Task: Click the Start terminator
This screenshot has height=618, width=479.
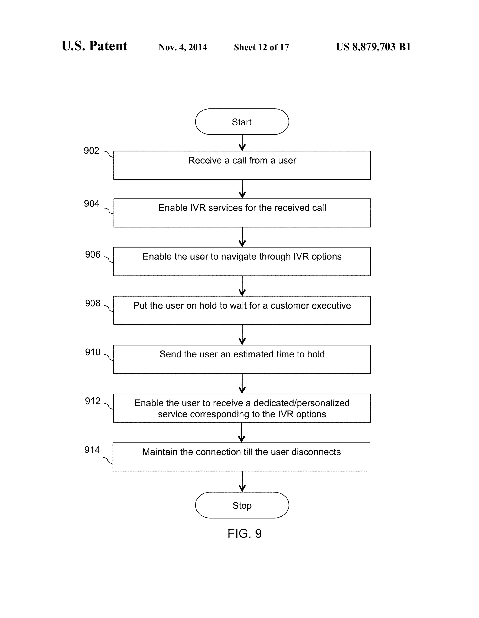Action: click(242, 122)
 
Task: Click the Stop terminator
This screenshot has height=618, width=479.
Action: click(242, 505)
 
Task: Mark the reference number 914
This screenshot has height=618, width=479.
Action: click(92, 450)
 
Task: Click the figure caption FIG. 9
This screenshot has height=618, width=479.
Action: click(245, 533)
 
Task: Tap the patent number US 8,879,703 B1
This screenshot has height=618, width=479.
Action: click(373, 47)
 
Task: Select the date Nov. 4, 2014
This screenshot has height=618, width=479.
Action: click(183, 47)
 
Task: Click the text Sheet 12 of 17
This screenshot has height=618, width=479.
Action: click(261, 47)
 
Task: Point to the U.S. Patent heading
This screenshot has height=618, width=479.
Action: click(94, 46)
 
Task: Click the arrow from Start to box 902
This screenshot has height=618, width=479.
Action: click(242, 143)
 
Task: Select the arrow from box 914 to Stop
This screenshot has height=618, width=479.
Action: click(242, 481)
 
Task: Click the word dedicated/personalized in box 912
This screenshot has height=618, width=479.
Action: click(301, 403)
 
